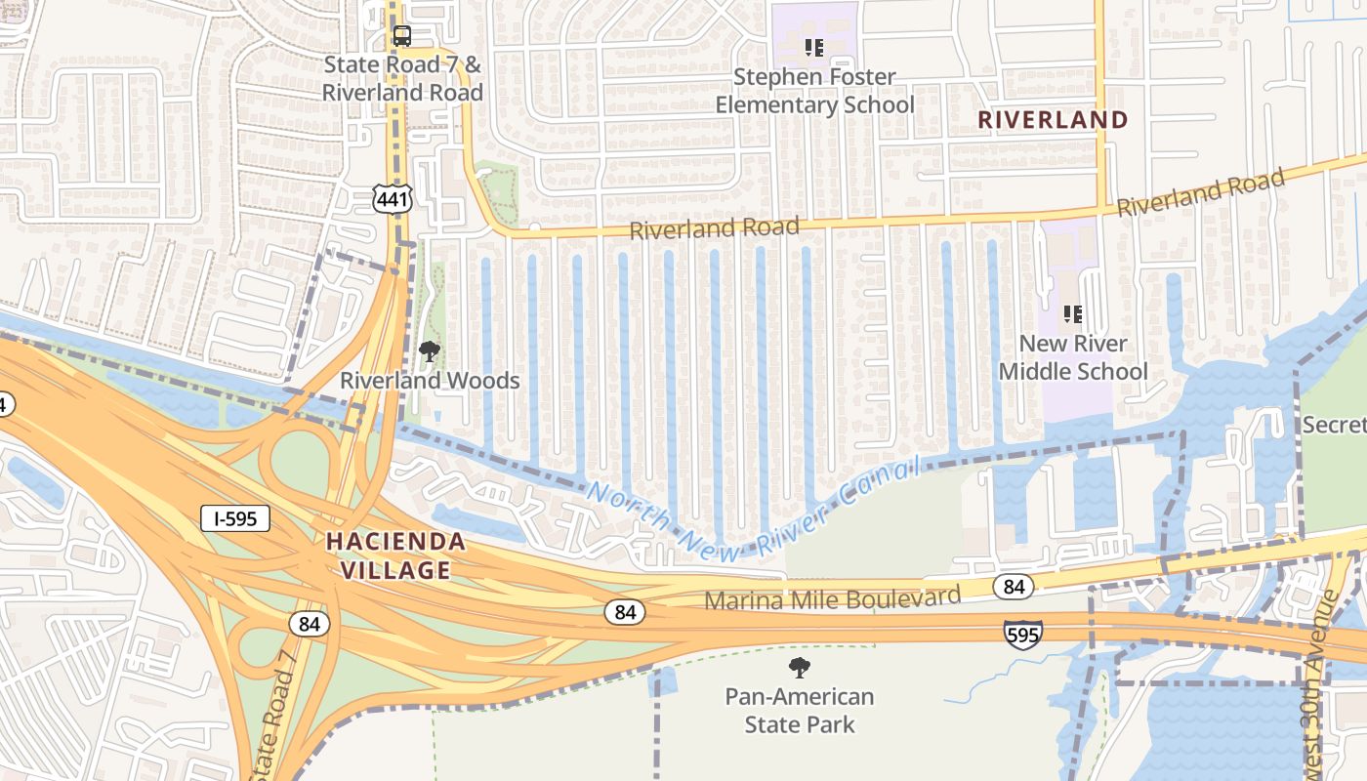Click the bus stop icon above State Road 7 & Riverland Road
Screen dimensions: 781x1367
401,36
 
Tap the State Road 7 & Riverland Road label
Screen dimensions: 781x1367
402,79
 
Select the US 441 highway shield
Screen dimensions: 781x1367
393,198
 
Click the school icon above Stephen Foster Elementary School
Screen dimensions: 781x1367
814,47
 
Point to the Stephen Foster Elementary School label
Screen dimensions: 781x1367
814,91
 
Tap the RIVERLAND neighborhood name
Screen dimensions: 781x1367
1053,120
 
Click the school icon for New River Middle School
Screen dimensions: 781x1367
1073,314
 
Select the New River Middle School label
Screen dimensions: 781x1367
1073,357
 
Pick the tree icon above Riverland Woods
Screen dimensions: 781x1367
429,351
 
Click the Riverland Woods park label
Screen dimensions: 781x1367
430,381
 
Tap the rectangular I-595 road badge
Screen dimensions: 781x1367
235,518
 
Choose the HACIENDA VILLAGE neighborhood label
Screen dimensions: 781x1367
395,555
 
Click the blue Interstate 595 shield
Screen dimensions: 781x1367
1022,634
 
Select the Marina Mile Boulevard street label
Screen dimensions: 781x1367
832,597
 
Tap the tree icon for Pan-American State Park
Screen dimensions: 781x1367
800,668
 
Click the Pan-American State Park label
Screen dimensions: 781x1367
800,711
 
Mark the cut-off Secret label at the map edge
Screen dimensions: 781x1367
1335,425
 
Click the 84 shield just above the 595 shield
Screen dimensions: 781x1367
1014,587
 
